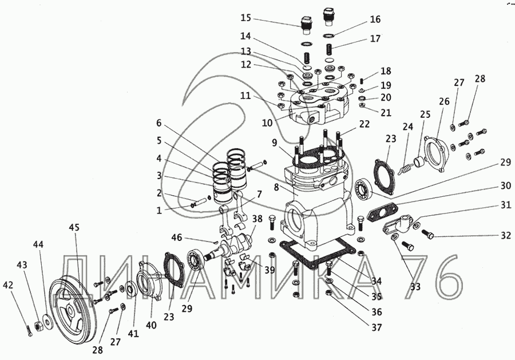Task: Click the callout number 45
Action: click(x=74, y=227)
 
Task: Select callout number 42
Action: click(x=8, y=285)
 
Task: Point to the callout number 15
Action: click(x=245, y=18)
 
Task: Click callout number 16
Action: click(x=375, y=19)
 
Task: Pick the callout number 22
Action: click(x=365, y=124)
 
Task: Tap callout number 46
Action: click(x=177, y=237)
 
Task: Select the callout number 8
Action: click(x=276, y=187)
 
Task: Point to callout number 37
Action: click(x=377, y=327)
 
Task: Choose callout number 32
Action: click(x=506, y=235)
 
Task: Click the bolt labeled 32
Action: click(x=427, y=235)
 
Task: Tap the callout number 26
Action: click(x=444, y=101)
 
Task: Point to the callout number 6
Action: click(x=159, y=123)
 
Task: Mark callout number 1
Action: click(x=159, y=210)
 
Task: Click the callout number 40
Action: click(x=151, y=325)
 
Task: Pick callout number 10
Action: click(x=267, y=123)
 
